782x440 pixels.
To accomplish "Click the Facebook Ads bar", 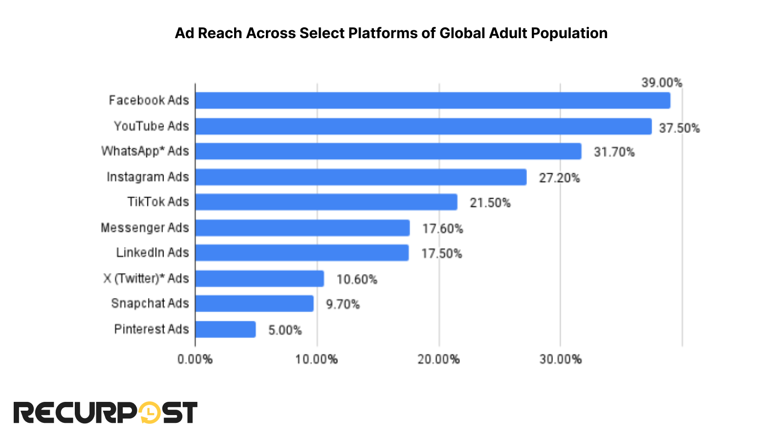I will pos(433,101).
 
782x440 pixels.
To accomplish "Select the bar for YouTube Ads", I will pos(423,126).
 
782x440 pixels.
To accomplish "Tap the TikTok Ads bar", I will pos(326,202).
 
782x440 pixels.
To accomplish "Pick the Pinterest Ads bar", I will pos(225,330).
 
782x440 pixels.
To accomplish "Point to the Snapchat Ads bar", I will pos(254,304).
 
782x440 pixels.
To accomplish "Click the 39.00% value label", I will pos(662,83).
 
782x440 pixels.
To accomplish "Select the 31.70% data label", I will pos(614,152).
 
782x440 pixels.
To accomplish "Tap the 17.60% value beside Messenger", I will pos(442,228).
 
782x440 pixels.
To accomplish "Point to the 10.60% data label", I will pos(357,279).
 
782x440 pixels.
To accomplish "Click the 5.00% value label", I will pos(285,330).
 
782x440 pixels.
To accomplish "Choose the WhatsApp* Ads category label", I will pos(145,151).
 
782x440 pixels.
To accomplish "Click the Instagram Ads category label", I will pos(148,176).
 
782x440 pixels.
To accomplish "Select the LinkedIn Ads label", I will pos(152,253).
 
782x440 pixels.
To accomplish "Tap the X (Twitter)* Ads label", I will pos(146,279).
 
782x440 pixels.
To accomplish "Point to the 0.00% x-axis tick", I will pos(195,359).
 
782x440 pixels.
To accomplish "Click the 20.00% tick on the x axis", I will pos(438,359).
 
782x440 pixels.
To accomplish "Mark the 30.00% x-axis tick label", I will pos(560,359).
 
